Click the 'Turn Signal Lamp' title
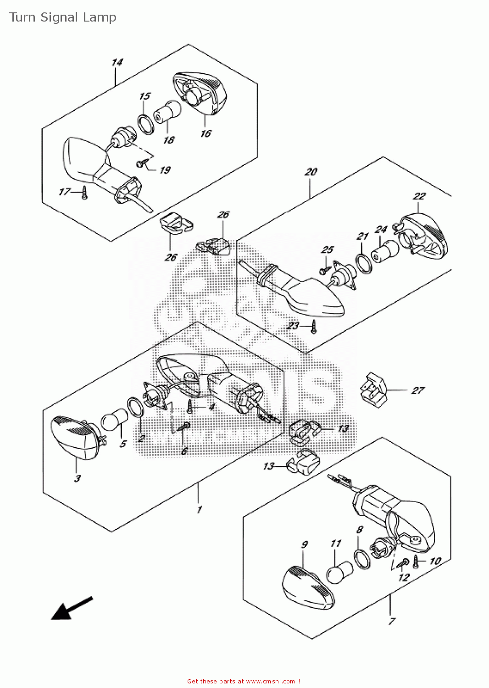[x=63, y=17]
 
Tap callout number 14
[x=117, y=62]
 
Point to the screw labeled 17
[x=84, y=194]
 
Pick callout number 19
[x=165, y=170]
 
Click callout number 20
[x=311, y=172]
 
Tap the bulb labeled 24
[x=384, y=251]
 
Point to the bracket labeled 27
[x=372, y=390]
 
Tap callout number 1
[x=199, y=510]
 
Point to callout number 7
[x=391, y=621]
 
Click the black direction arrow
[x=71, y=609]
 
